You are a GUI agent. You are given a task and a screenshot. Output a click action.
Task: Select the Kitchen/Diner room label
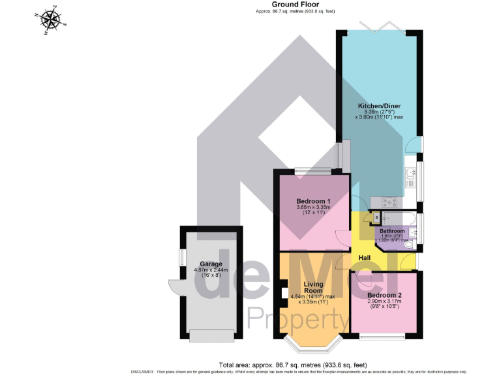(x=379, y=105)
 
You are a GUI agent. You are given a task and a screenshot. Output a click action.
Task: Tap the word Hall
(x=364, y=258)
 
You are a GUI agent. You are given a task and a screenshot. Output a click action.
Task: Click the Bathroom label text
(x=393, y=231)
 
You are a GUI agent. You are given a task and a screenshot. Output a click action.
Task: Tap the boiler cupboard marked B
(x=376, y=217)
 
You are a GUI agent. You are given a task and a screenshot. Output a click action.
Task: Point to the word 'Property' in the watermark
(x=297, y=320)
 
